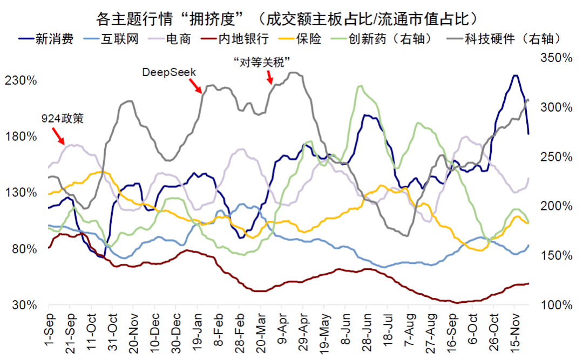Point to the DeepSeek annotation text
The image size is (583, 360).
point(169,72)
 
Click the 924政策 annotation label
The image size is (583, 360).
point(63,118)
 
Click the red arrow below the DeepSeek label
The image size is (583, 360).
point(195,85)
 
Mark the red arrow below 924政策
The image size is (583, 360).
point(58,136)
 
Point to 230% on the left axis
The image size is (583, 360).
point(21,80)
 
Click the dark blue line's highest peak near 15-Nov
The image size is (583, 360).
point(516,76)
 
